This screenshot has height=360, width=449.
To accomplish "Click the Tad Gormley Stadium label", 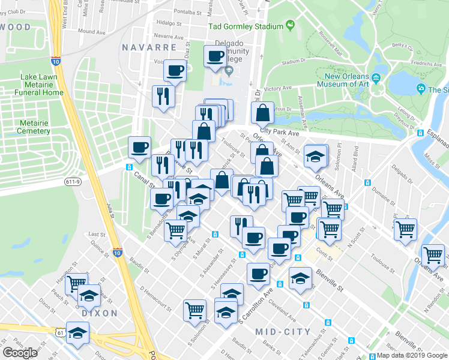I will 246,26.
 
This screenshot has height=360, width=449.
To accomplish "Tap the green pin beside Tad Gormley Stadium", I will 291,25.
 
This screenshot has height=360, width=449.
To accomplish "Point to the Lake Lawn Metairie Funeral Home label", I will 41,85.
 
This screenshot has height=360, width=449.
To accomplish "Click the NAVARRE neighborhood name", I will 149,47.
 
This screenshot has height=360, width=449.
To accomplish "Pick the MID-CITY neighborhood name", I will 283,332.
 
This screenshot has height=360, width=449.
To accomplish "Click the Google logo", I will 20,352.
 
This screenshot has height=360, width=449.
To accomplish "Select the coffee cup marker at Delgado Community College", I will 215,57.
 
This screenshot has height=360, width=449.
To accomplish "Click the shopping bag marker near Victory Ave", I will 263,112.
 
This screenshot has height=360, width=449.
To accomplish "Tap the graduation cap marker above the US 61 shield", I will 77,331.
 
